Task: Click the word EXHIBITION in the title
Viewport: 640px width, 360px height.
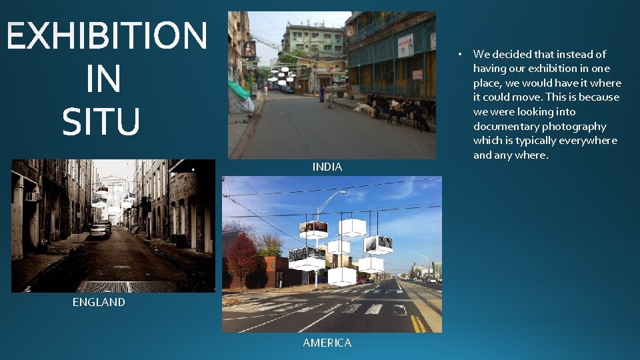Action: pyautogui.click(x=107, y=36)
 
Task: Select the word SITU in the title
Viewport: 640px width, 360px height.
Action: pyautogui.click(x=101, y=122)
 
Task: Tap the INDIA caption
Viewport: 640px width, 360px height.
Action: pyautogui.click(x=327, y=167)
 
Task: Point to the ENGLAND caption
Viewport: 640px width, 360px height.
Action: pyautogui.click(x=99, y=302)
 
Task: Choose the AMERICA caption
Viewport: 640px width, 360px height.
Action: pyautogui.click(x=327, y=343)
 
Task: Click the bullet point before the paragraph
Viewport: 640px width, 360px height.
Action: pyautogui.click(x=459, y=54)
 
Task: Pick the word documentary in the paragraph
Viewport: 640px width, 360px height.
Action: pyautogui.click(x=506, y=126)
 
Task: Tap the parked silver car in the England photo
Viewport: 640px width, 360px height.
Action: pyautogui.click(x=99, y=230)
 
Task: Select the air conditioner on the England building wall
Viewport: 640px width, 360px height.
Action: pyautogui.click(x=31, y=196)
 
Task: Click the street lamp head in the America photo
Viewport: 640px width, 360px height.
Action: pyautogui.click(x=342, y=193)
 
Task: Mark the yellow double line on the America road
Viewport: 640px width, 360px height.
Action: pyautogui.click(x=418, y=323)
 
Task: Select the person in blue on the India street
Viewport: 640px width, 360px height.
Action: pyautogui.click(x=322, y=94)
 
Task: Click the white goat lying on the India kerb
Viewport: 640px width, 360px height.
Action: pyautogui.click(x=363, y=108)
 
